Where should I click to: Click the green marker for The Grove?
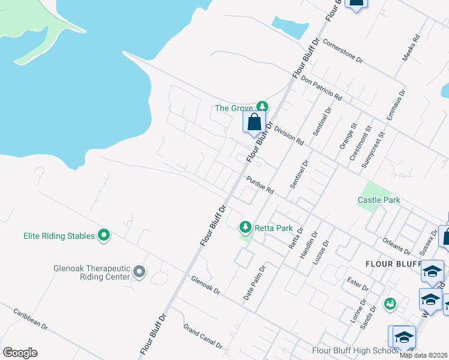[261, 106]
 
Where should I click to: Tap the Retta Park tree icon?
[245, 227]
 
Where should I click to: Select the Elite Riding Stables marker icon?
[104, 235]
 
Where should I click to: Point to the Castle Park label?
[379, 200]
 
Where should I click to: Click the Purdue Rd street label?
[260, 185]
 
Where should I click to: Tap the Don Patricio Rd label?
[321, 88]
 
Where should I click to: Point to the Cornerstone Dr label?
[343, 51]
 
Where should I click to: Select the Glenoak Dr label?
[206, 285]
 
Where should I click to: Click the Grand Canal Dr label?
[203, 336]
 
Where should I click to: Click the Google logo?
[20, 353]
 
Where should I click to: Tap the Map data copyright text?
[424, 355]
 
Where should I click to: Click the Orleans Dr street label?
[396, 245]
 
